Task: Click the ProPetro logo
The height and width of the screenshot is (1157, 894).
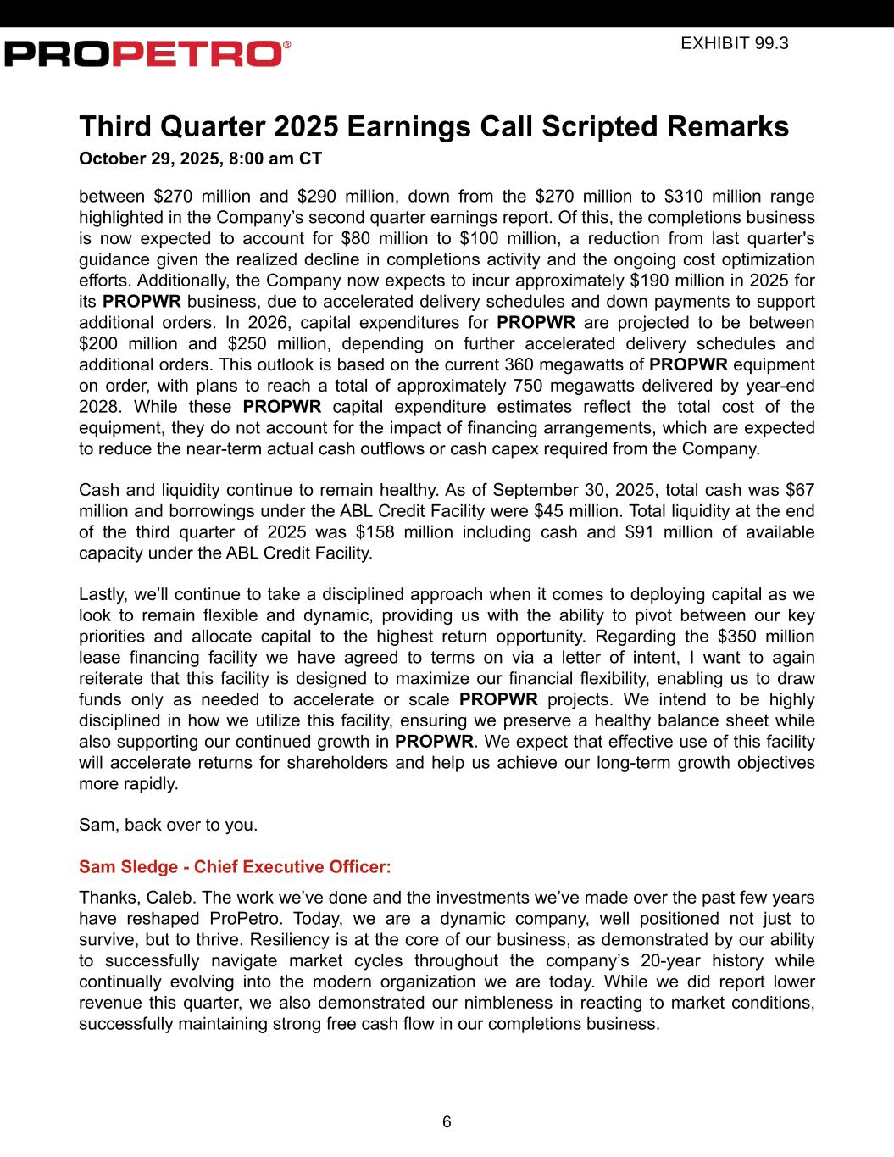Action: [x=147, y=53]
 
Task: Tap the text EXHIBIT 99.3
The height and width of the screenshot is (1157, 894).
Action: [x=734, y=42]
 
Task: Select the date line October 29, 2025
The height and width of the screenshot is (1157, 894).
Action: [x=200, y=159]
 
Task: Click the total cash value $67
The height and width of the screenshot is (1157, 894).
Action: [x=800, y=490]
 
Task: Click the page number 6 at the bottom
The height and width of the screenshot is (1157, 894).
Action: [x=447, y=1122]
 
